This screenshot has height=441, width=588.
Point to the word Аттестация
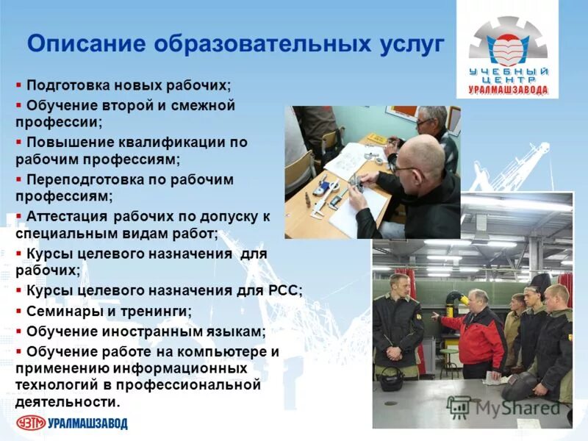tap(66, 216)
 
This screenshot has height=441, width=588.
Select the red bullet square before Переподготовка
tap(19, 179)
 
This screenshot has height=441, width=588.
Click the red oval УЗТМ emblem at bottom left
tap(31, 423)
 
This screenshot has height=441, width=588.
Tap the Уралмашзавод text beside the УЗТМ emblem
tap(87, 423)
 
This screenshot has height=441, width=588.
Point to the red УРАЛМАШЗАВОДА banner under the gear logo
tap(508, 90)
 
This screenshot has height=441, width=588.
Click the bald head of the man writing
tap(423, 157)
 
